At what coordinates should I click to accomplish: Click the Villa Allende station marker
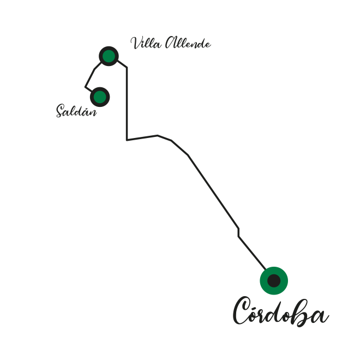tap(109, 56)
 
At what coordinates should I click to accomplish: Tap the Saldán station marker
tap(100, 97)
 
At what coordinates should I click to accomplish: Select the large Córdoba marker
tap(274, 280)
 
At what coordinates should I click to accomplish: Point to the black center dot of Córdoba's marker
tap(274, 280)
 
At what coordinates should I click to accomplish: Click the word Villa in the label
tap(146, 43)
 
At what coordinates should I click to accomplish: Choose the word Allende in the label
tap(188, 43)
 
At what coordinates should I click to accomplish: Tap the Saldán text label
tap(76, 111)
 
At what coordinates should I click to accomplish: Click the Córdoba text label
tap(281, 311)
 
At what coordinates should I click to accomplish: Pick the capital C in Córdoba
tap(242, 310)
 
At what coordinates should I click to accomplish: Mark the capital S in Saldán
tap(61, 111)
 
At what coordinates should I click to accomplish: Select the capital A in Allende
tap(171, 42)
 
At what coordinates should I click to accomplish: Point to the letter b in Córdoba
tap(301, 313)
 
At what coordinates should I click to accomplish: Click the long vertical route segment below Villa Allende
tap(127, 104)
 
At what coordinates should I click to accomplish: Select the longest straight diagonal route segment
tap(213, 191)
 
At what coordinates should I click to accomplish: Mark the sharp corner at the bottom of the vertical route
tap(127, 140)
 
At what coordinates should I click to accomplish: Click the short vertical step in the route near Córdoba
tap(238, 232)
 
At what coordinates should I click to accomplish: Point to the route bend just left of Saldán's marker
tap(86, 87)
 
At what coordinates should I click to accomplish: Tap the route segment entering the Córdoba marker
tap(252, 253)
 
